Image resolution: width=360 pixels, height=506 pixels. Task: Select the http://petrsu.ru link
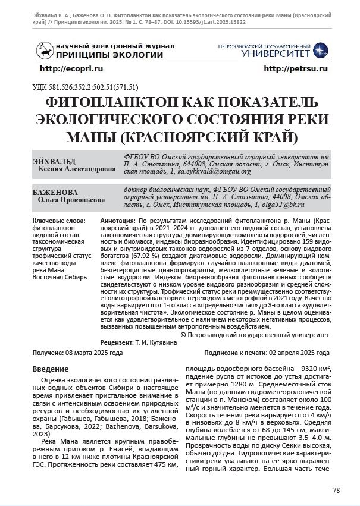[296, 69]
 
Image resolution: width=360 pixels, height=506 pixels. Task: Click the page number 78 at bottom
[336, 490]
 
